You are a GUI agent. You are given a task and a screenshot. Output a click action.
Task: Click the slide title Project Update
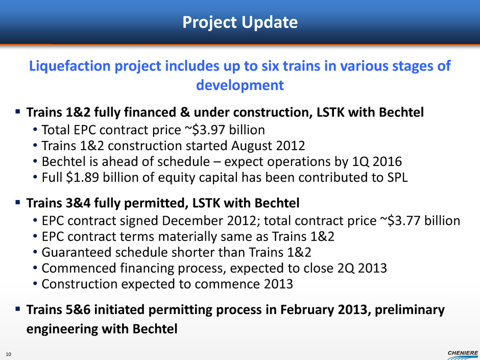(x=240, y=22)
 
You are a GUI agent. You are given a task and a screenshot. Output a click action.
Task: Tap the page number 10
(x=8, y=354)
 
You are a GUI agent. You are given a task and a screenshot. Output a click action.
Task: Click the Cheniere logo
(x=463, y=355)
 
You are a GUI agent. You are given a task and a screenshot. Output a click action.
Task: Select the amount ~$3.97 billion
(x=224, y=130)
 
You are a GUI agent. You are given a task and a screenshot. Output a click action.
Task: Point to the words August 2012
(x=268, y=146)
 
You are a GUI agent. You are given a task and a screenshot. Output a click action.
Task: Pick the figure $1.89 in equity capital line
(x=83, y=178)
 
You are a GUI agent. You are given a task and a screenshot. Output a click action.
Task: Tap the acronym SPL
(x=397, y=178)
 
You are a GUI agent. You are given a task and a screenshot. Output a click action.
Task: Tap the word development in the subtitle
(x=240, y=85)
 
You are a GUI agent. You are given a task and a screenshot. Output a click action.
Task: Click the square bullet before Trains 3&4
(x=18, y=202)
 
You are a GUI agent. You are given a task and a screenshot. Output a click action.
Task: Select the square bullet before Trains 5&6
(x=18, y=309)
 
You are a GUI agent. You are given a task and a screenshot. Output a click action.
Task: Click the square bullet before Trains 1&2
(x=18, y=111)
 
